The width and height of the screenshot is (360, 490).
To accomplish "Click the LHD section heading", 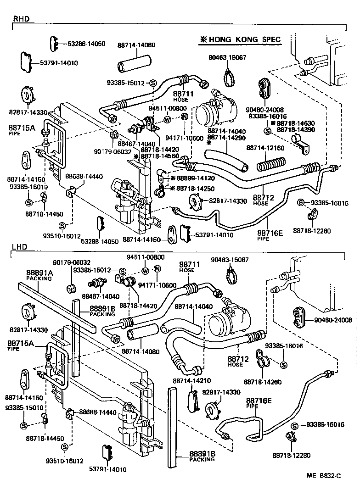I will click(x=19, y=247).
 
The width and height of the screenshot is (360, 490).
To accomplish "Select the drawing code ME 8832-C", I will click(x=325, y=476).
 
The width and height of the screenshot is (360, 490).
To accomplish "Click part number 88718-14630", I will click(x=296, y=123).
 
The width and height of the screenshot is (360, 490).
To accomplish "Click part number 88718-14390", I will click(x=296, y=130).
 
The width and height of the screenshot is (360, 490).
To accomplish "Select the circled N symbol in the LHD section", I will click(x=157, y=269).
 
